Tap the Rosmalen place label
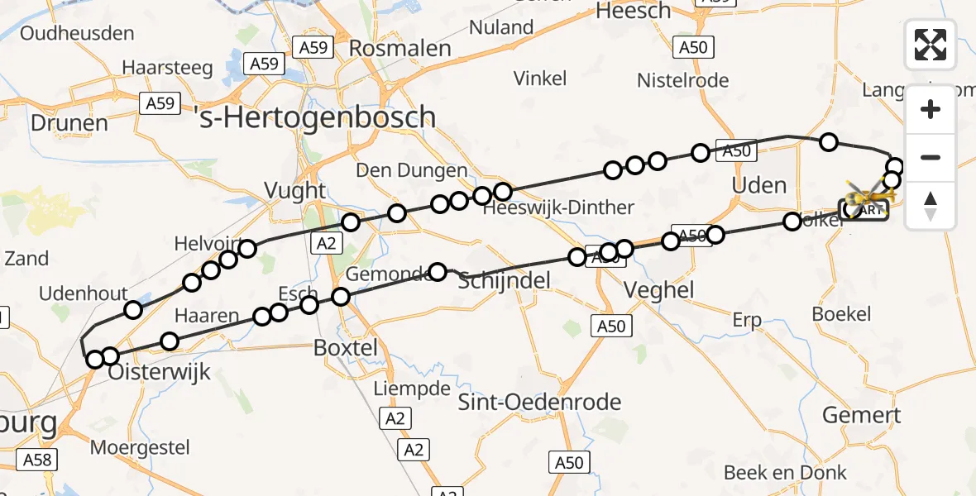(400, 48)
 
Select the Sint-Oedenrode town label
(539, 403)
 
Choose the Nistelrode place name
(682, 80)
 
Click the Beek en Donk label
(785, 473)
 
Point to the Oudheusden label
(77, 34)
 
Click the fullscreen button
(931, 45)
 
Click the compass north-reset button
(931, 206)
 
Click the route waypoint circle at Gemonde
(438, 272)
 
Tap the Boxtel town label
(346, 348)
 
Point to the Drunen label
(69, 123)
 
